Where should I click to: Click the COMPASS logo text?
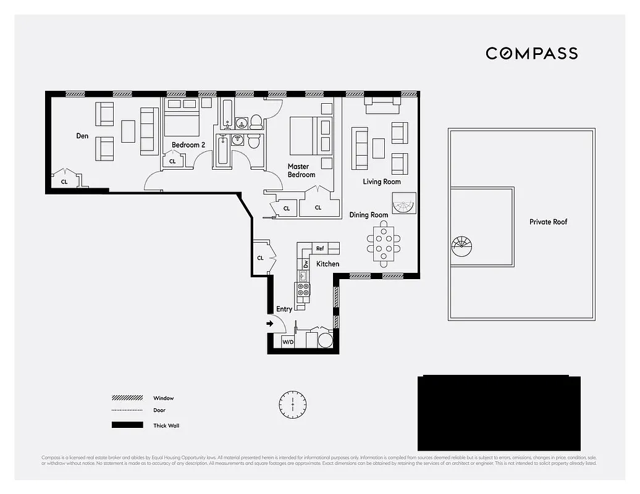click(x=531, y=53)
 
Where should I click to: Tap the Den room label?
click(x=82, y=136)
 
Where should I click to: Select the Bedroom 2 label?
click(x=188, y=145)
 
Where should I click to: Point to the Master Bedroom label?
click(x=301, y=170)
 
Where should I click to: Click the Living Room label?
click(x=381, y=182)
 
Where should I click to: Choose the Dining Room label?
click(x=369, y=215)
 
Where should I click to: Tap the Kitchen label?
click(x=327, y=264)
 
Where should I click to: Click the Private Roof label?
click(x=548, y=222)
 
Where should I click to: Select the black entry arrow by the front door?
click(x=270, y=323)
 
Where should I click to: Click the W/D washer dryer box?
click(x=288, y=341)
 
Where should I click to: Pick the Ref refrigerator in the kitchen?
click(x=320, y=248)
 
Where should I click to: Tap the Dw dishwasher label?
click(x=305, y=264)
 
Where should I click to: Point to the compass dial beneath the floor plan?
click(x=292, y=404)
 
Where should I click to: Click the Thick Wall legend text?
click(x=166, y=425)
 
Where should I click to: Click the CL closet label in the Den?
click(x=64, y=182)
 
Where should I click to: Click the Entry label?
click(x=284, y=309)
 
